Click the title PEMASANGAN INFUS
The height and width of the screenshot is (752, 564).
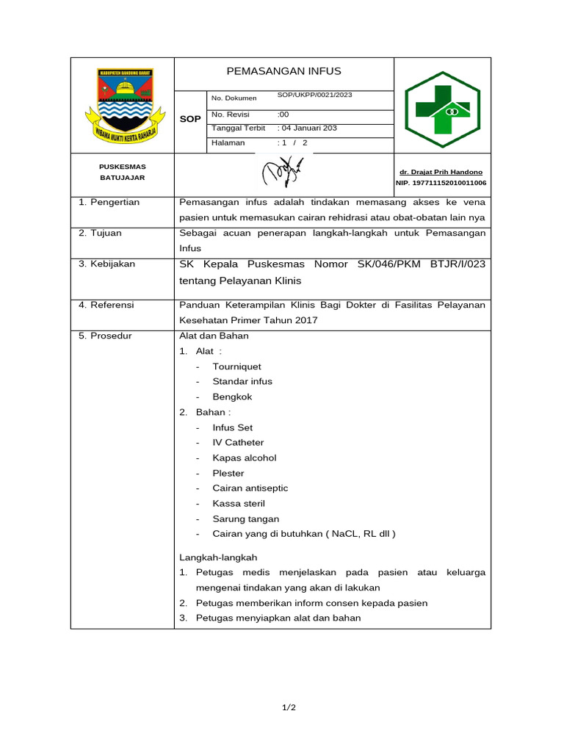pyautogui.click(x=283, y=71)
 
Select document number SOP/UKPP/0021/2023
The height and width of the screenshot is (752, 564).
pyautogui.click(x=314, y=95)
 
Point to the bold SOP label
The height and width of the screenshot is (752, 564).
pyautogui.click(x=190, y=118)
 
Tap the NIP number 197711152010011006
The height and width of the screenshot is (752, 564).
pyautogui.click(x=440, y=183)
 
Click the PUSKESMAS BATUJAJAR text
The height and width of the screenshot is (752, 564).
pyautogui.click(x=122, y=172)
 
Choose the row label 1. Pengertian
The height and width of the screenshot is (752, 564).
pyautogui.click(x=109, y=202)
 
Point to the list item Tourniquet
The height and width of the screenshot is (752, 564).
pyautogui.click(x=236, y=366)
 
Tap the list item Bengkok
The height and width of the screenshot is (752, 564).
pyautogui.click(x=232, y=397)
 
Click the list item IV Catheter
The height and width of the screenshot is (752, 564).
pyautogui.click(x=238, y=442)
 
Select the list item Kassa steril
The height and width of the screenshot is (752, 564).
pyautogui.click(x=239, y=503)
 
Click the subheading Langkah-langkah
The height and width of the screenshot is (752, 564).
pyautogui.click(x=218, y=558)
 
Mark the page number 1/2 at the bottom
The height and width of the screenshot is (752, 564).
pyautogui.click(x=289, y=708)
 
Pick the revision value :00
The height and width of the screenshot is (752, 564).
pyautogui.click(x=283, y=115)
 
